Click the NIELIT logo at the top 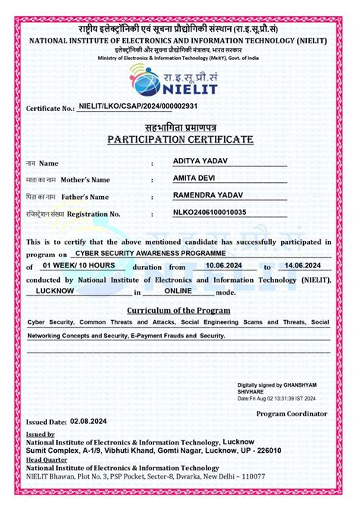point(180,79)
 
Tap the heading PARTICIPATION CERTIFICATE point(180,140)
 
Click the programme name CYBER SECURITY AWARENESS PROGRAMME point(150,251)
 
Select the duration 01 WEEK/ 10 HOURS point(79,265)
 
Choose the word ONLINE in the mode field point(178,290)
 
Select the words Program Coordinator point(292,413)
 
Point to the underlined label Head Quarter point(49,460)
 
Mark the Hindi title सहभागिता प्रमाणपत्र point(180,126)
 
